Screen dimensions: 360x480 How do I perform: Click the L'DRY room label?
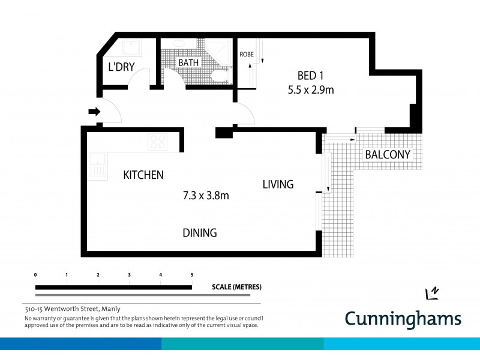[121, 67]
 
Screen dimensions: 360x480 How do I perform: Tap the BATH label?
[188, 62]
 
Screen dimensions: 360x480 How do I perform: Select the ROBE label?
[247, 54]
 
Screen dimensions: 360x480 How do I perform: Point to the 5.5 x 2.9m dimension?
[311, 91]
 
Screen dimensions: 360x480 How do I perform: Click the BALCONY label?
[388, 154]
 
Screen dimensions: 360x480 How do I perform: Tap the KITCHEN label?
[143, 175]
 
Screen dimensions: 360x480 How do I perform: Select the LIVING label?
[278, 184]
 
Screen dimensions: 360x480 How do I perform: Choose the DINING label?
[200, 233]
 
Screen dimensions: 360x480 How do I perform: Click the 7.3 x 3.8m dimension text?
[206, 195]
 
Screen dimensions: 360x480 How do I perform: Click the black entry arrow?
[94, 112]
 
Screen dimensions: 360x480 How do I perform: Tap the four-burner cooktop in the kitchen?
[158, 142]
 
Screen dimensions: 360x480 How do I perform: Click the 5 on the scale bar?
[192, 275]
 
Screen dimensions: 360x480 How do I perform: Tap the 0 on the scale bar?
[35, 275]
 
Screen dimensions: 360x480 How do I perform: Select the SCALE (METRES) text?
[236, 287]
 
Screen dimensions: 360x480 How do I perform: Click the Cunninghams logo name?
[403, 318]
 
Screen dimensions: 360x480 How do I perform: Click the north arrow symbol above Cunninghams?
[431, 293]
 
